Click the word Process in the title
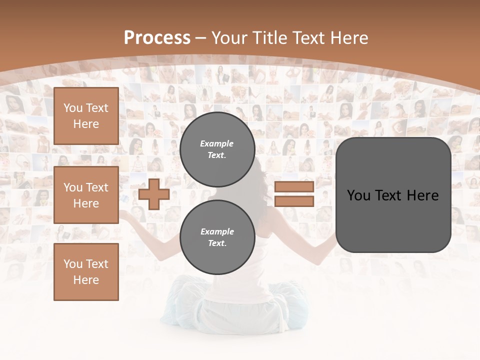pyautogui.click(x=157, y=38)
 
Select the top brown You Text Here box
pyautogui.click(x=86, y=116)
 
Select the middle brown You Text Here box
pyautogui.click(x=86, y=195)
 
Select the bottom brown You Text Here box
pyautogui.click(x=86, y=272)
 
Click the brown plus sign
pyautogui.click(x=153, y=194)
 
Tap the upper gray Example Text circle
pyautogui.click(x=217, y=149)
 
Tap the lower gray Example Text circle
pyautogui.click(x=217, y=237)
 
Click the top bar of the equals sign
pyautogui.click(x=294, y=187)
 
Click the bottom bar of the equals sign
pyautogui.click(x=294, y=201)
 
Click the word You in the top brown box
pyautogui.click(x=73, y=108)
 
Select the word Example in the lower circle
pyautogui.click(x=217, y=231)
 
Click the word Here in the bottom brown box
pyautogui.click(x=86, y=280)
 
